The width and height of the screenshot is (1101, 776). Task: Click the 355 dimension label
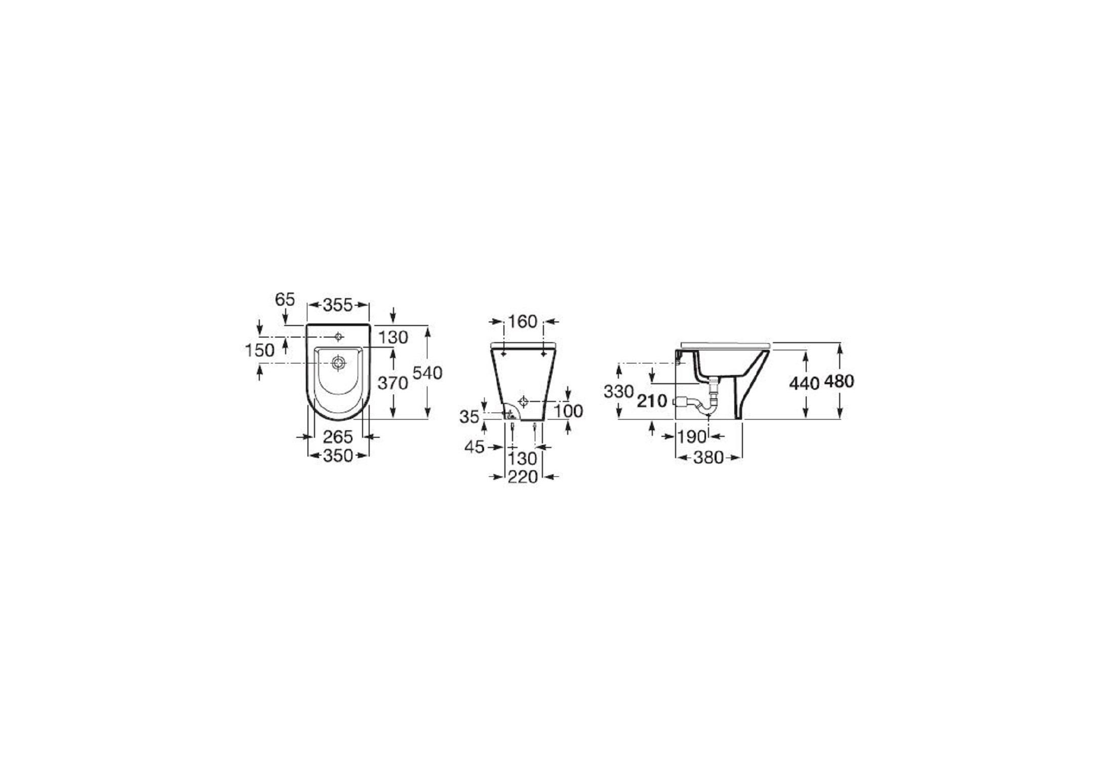pos(338,305)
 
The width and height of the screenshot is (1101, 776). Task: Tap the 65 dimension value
pos(285,299)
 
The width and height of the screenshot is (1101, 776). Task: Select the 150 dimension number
pos(260,350)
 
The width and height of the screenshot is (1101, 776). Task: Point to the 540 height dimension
pos(428,373)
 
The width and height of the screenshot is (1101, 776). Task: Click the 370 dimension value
pos(393,383)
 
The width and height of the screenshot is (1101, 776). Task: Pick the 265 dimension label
pos(338,436)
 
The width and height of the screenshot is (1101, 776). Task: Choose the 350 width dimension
pos(338,456)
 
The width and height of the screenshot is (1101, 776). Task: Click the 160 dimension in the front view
pos(523,321)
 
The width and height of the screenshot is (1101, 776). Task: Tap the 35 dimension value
pos(469,417)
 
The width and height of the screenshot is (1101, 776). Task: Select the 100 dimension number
pos(568,411)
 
